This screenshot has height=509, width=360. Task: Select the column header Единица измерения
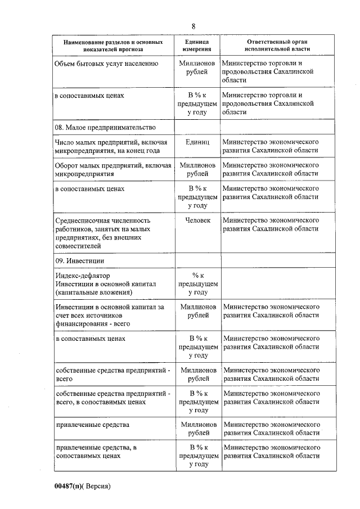196,46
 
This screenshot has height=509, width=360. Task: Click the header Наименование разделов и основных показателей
113,46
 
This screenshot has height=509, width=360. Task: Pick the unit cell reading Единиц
197,142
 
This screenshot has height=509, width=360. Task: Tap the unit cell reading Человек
197,220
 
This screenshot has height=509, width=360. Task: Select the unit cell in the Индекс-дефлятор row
197,284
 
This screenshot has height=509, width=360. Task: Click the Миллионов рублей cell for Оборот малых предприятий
197,169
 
